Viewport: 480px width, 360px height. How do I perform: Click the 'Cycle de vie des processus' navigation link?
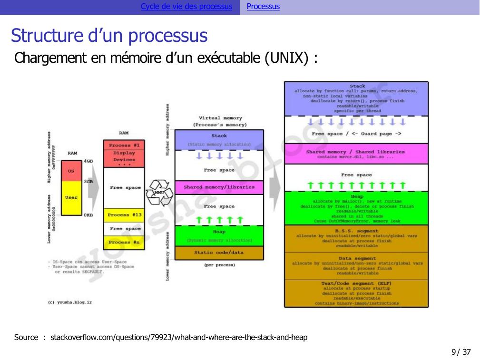click(186, 7)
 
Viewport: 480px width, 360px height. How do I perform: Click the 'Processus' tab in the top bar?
click(263, 7)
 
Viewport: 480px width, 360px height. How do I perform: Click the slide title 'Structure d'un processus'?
click(109, 36)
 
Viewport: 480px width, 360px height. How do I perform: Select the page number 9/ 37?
click(460, 352)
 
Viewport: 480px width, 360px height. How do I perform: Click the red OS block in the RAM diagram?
click(71, 170)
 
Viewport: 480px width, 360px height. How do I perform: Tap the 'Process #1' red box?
click(124, 145)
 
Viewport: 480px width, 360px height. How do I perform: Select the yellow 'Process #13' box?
click(124, 215)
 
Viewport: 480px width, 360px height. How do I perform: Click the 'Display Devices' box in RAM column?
click(124, 156)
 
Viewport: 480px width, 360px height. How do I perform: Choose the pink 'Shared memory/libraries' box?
click(219, 187)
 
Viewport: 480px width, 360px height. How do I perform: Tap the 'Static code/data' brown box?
click(219, 253)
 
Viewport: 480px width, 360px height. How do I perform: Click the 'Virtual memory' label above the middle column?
click(220, 118)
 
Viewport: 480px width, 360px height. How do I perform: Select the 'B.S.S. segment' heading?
click(357, 231)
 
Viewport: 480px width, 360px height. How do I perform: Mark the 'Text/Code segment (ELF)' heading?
click(357, 283)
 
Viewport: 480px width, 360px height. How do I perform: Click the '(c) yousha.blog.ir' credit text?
click(70, 302)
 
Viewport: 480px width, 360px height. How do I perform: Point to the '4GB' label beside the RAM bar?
click(88, 161)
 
